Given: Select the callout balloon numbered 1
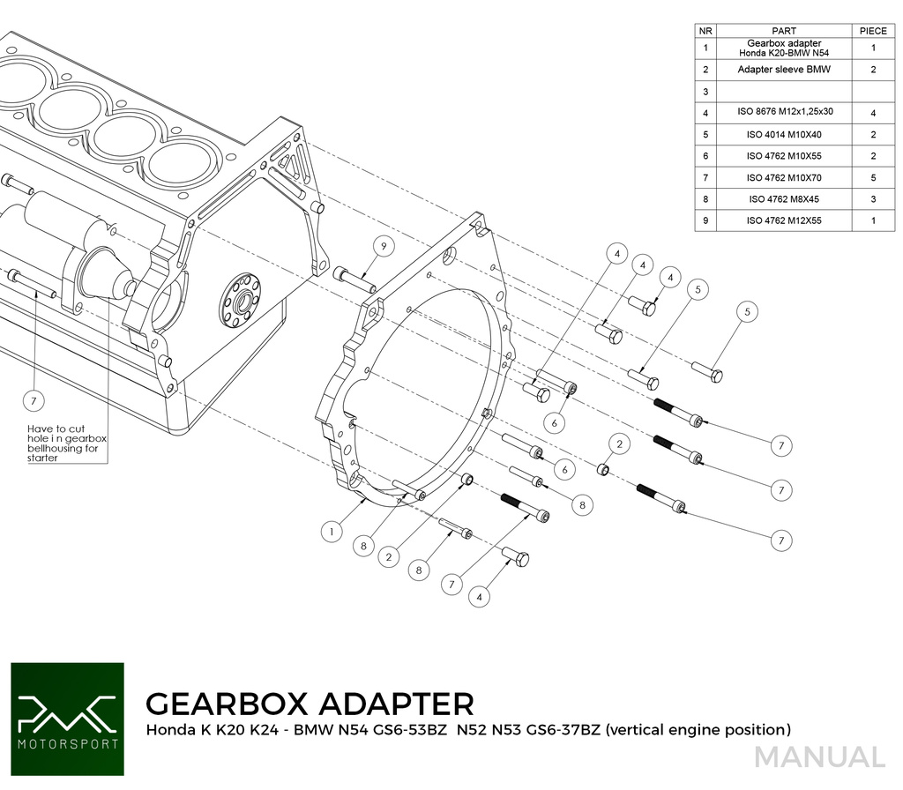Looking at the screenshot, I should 331,532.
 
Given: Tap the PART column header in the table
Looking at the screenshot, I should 783,31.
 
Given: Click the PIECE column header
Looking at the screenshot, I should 872,31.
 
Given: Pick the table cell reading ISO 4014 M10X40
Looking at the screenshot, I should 783,135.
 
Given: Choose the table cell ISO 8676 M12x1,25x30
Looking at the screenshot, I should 783,113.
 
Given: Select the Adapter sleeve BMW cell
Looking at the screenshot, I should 783,69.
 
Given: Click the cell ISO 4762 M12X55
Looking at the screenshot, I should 783,220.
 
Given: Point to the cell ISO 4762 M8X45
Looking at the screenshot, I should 783,199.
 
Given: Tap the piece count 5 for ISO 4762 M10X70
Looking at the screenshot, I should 872,177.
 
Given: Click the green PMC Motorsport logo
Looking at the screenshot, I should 67,719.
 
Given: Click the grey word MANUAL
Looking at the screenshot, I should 819,757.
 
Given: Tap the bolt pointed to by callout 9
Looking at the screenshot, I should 355,279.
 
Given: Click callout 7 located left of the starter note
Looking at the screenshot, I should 34,401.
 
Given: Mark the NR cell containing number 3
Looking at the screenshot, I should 705,91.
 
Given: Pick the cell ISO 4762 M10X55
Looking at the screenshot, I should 783,156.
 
